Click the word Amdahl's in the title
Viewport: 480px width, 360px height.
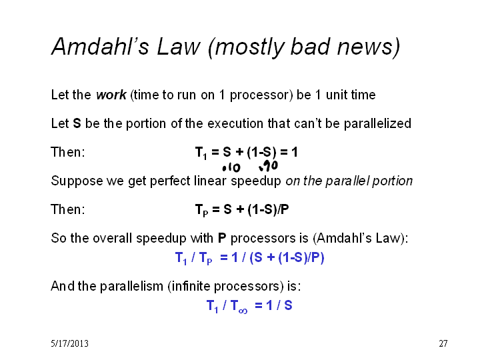pyautogui.click(x=100, y=47)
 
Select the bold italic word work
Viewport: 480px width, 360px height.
pyautogui.click(x=111, y=95)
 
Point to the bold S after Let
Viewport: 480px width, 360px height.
pyautogui.click(x=77, y=123)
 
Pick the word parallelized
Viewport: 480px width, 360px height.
pyautogui.click(x=377, y=124)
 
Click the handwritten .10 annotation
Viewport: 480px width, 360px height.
pyautogui.click(x=231, y=167)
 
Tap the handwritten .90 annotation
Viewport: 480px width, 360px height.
pyautogui.click(x=268, y=166)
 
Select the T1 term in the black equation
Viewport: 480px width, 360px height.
pyautogui.click(x=201, y=153)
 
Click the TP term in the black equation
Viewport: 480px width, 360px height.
pyautogui.click(x=202, y=210)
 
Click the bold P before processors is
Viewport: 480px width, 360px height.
pyautogui.click(x=222, y=238)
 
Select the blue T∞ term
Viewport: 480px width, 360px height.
pyautogui.click(x=239, y=306)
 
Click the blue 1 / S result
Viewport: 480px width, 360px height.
pyautogui.click(x=279, y=305)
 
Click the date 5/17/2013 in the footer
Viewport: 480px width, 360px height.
pyautogui.click(x=70, y=343)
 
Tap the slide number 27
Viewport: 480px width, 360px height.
pyautogui.click(x=443, y=343)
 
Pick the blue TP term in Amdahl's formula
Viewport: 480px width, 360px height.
pyautogui.click(x=205, y=258)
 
